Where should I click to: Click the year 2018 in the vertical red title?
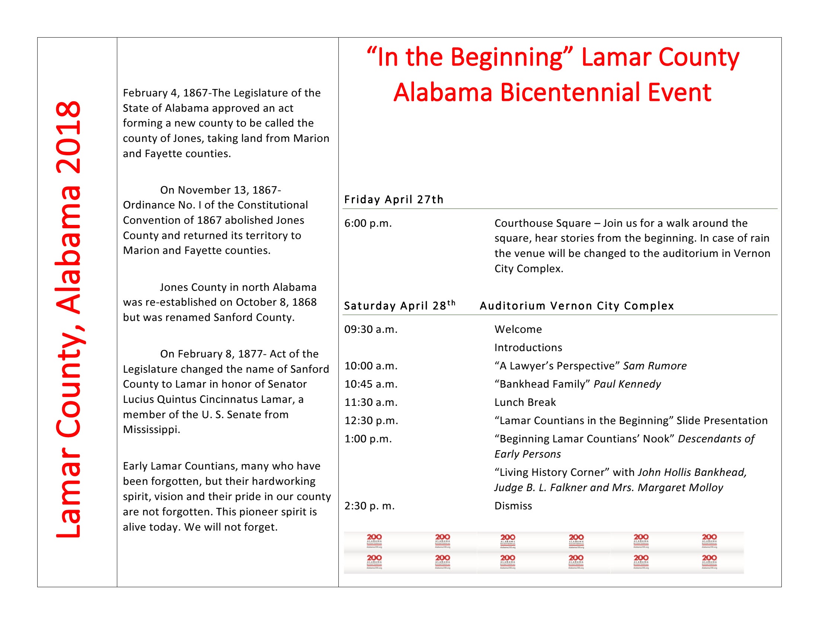click(x=68, y=137)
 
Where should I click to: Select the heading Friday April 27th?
click(x=393, y=200)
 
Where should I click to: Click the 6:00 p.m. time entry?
click(x=368, y=223)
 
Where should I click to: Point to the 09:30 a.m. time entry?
click(x=370, y=330)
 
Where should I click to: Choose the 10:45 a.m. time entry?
click(x=370, y=384)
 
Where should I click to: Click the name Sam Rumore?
click(x=654, y=366)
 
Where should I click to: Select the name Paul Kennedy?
click(x=627, y=384)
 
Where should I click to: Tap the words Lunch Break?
click(x=525, y=403)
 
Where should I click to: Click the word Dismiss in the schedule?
click(x=513, y=506)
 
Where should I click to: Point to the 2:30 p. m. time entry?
click(x=369, y=506)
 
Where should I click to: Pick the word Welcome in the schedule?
click(x=518, y=330)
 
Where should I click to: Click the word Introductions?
click(x=528, y=348)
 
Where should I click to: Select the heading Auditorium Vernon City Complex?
click(x=576, y=306)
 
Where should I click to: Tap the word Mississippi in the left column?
click(x=151, y=430)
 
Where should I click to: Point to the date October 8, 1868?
click(x=276, y=302)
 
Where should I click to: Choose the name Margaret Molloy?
click(x=680, y=487)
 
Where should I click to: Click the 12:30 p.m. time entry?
click(x=371, y=421)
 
